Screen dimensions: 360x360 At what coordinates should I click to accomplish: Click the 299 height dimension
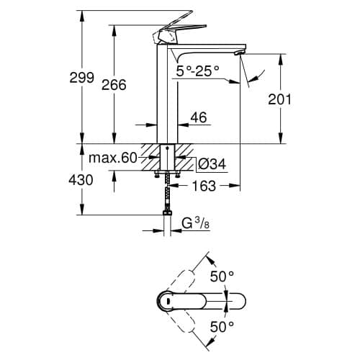[x=81, y=78]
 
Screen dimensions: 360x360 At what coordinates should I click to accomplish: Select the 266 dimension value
[x=114, y=85]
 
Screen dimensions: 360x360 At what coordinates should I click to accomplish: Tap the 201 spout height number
[x=279, y=99]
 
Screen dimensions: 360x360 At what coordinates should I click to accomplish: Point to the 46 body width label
[x=199, y=117]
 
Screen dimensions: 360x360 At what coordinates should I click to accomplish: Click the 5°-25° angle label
[x=198, y=71]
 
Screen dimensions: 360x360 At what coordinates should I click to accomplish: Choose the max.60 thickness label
[x=113, y=158]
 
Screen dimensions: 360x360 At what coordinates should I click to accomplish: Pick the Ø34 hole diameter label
[x=212, y=164]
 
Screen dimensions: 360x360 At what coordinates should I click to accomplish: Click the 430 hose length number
[x=81, y=180]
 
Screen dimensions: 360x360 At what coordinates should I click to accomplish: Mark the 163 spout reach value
[x=204, y=186]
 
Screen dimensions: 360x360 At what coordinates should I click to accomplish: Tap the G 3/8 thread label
[x=196, y=224]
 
